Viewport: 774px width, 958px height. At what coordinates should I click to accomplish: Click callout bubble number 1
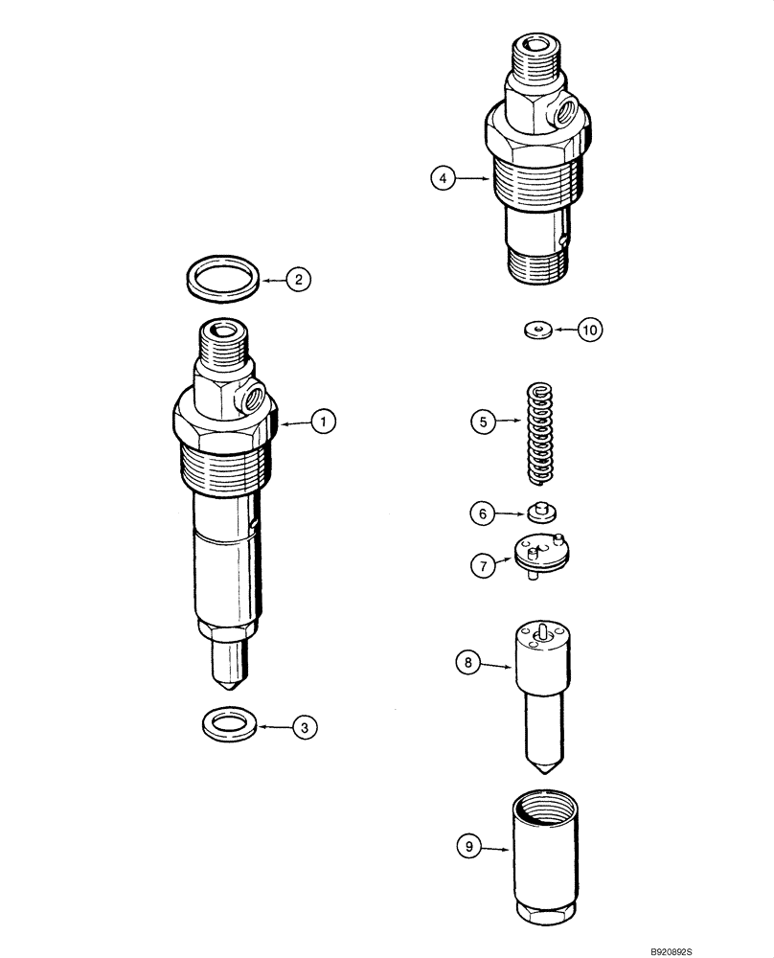coord(324,420)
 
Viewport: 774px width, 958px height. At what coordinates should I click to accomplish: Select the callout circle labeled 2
coord(298,280)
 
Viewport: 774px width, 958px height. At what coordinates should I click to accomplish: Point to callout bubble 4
coord(442,177)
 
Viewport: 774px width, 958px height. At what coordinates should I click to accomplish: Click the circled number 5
coord(483,420)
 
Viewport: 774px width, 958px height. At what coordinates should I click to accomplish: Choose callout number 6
coord(483,513)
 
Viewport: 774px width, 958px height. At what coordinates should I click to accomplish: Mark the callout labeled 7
coord(483,566)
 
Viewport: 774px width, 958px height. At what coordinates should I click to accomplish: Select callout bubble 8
coord(467,661)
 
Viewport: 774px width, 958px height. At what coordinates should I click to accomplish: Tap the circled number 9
coord(467,847)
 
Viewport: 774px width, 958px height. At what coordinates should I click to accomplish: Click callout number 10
coord(590,330)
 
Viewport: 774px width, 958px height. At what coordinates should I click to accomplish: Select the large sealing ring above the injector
coord(221,277)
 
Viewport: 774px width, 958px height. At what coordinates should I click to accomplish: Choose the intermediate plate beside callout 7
coord(541,556)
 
